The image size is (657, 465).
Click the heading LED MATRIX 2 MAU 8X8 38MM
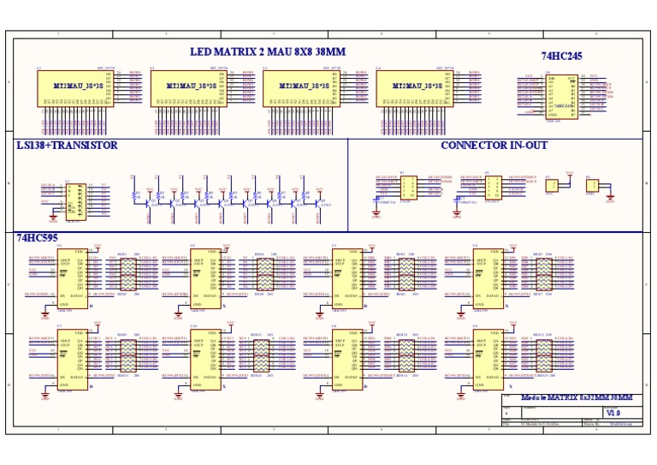pyautogui.click(x=268, y=52)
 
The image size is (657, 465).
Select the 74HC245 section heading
pyautogui.click(x=562, y=57)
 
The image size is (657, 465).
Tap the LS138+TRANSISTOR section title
pyautogui.click(x=67, y=146)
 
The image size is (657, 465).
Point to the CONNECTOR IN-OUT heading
pyautogui.click(x=494, y=146)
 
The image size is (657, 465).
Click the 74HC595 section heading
pyautogui.click(x=36, y=237)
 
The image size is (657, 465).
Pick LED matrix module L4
pyautogui.click(x=411, y=88)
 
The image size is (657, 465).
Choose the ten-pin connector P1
pyautogui.click(x=410, y=188)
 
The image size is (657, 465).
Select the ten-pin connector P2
pyautogui.click(x=494, y=188)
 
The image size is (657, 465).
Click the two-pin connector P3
pyautogui.click(x=552, y=185)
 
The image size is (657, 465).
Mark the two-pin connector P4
pyautogui.click(x=592, y=185)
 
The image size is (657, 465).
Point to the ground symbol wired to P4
pyautogui.click(x=610, y=200)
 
